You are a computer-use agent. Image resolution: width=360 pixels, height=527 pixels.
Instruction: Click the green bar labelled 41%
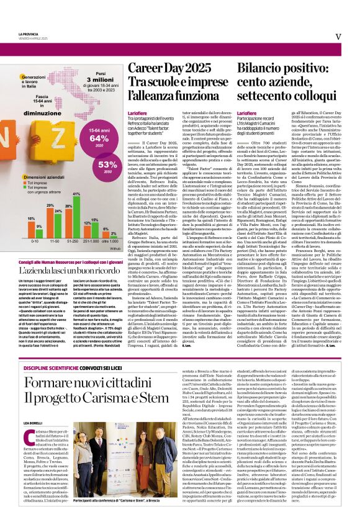(x=76, y=215)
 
